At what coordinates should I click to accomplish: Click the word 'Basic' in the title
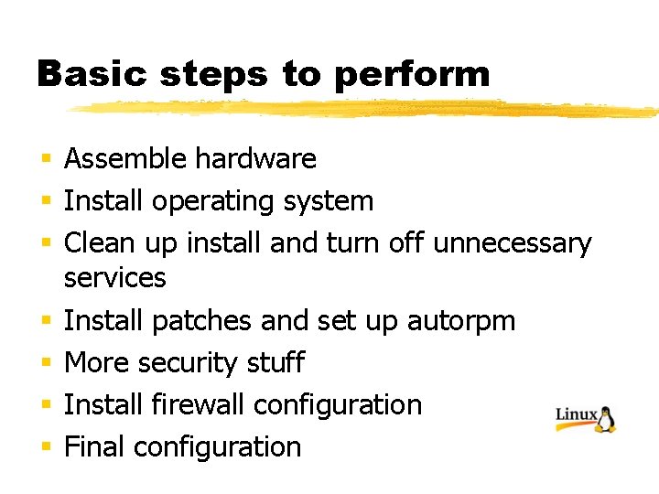point(81,74)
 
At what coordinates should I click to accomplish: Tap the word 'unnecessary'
point(513,244)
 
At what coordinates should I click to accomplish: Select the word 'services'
point(115,277)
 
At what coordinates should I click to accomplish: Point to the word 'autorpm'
point(461,321)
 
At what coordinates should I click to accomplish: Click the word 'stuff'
point(275,362)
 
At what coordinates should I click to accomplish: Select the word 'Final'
point(95,446)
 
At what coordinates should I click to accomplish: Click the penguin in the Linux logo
point(606,418)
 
